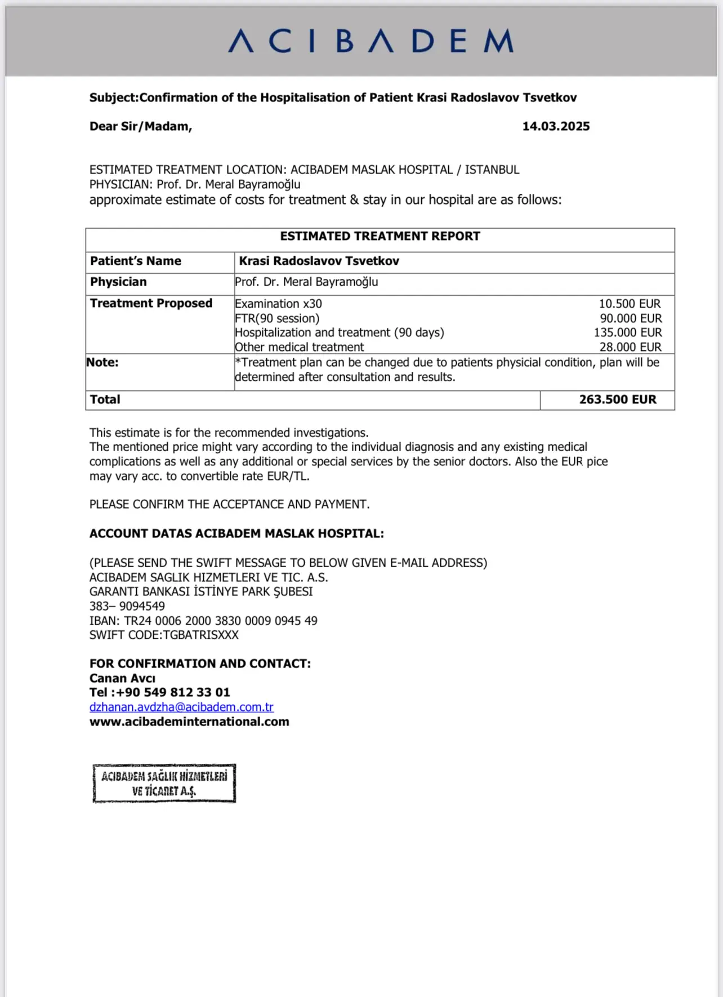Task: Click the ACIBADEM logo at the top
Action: click(371, 41)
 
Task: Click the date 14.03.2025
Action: click(556, 126)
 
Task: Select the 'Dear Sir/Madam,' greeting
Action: click(141, 126)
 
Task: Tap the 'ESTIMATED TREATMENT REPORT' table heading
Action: click(380, 237)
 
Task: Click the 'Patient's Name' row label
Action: click(136, 261)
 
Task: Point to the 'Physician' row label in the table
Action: click(118, 282)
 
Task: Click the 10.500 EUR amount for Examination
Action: click(630, 304)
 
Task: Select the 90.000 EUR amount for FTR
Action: click(631, 318)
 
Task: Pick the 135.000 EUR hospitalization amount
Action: click(628, 332)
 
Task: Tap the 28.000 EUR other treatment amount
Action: click(630, 347)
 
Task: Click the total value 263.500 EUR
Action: click(618, 399)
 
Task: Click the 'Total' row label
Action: click(105, 399)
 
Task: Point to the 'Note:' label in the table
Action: click(102, 362)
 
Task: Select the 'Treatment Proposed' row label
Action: click(151, 303)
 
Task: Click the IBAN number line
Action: click(203, 621)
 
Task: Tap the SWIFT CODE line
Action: click(164, 635)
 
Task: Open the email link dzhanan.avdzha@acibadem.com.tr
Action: click(181, 707)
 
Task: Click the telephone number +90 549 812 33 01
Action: click(172, 692)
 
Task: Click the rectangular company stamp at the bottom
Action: click(164, 784)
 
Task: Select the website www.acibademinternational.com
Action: click(189, 722)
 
